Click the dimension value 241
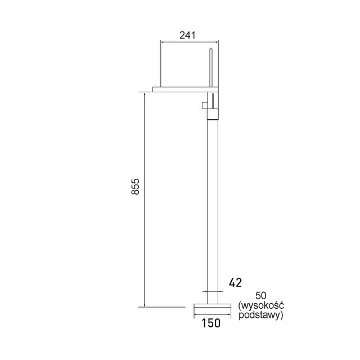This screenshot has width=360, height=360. tap(187, 35)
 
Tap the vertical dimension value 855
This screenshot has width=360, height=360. tap(135, 186)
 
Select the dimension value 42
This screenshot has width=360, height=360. tap(235, 282)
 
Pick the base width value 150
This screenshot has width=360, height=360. tap(211, 323)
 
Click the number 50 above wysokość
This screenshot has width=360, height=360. tap(261, 296)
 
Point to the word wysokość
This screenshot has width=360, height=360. tap(261, 305)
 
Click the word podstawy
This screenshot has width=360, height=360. tap(261, 315)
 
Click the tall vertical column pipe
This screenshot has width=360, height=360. tap(213, 211)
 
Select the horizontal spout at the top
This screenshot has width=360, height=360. tap(186, 89)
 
